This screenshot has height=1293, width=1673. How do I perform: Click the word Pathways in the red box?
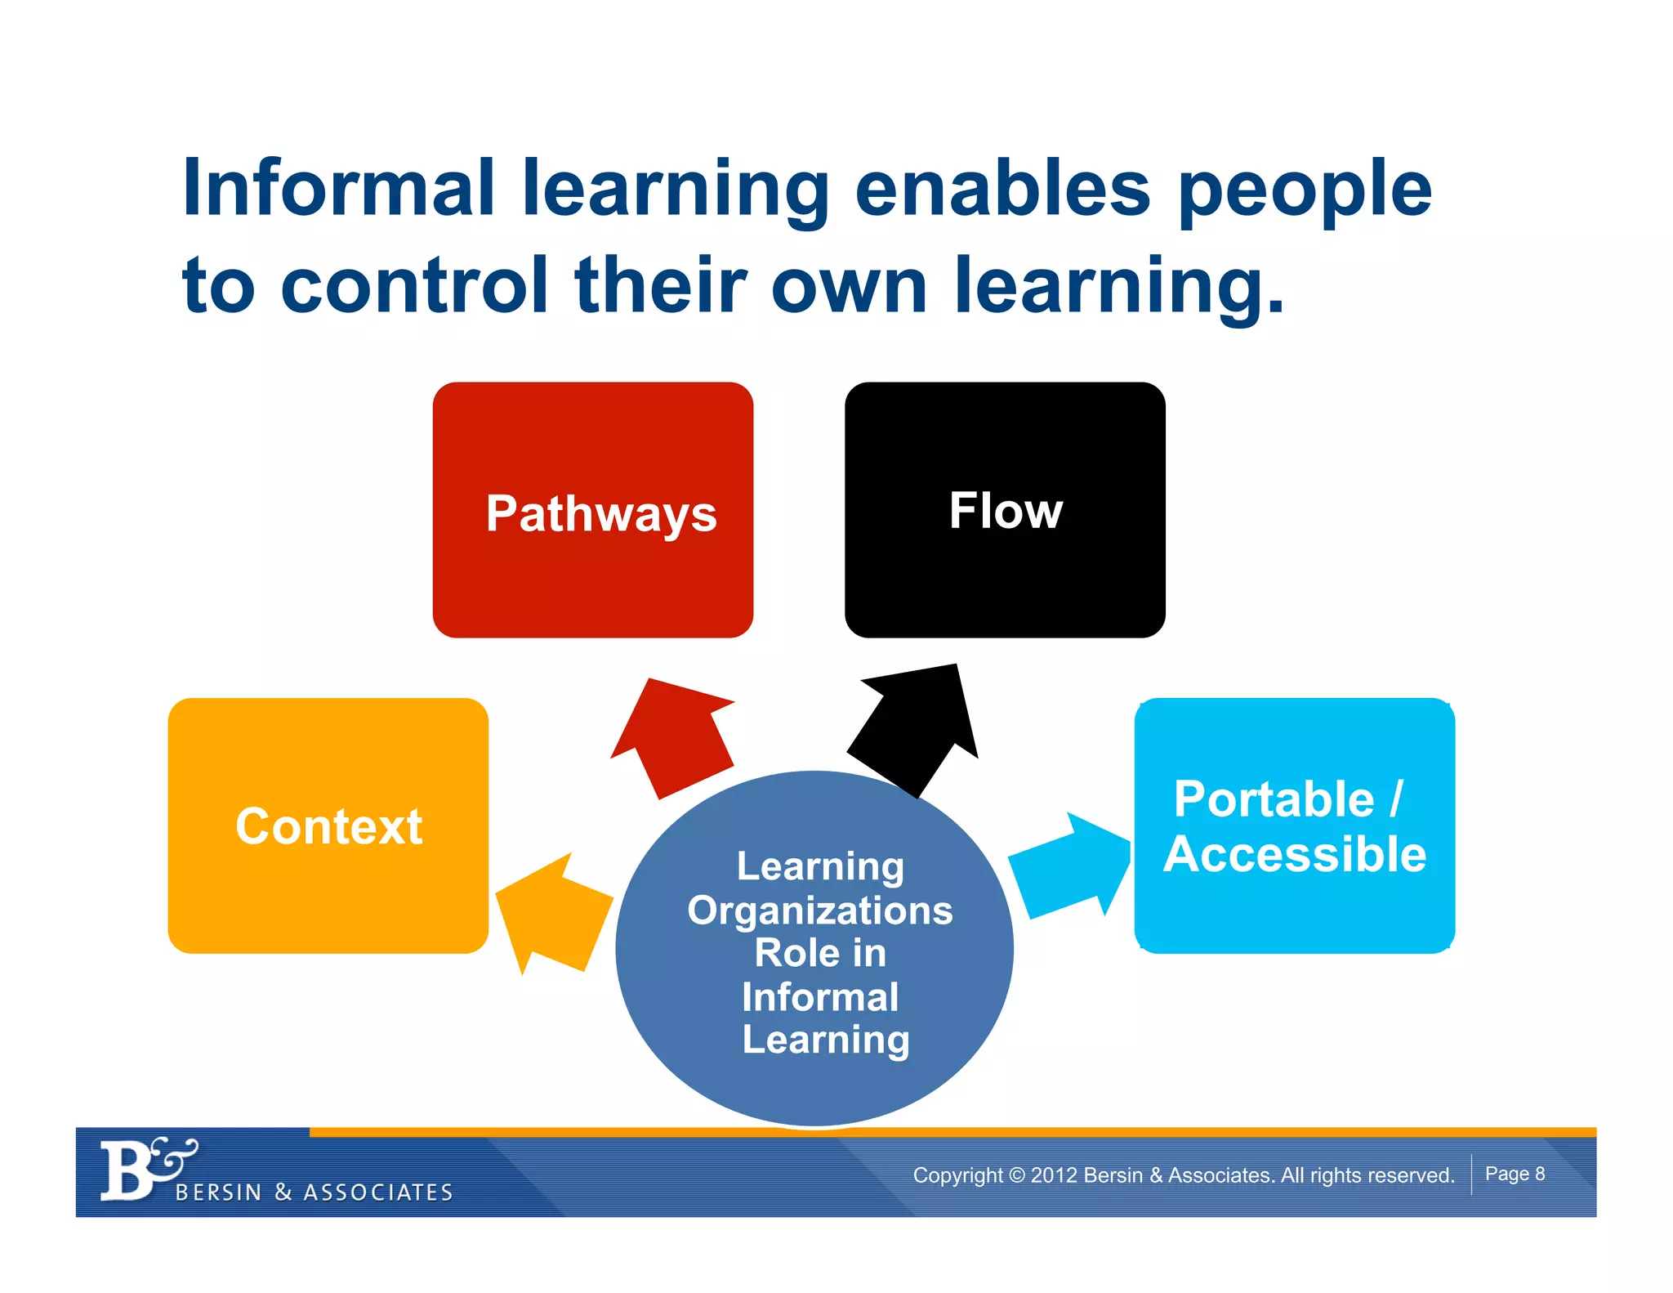tap(600, 514)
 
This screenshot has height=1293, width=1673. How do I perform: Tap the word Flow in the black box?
tap(1006, 511)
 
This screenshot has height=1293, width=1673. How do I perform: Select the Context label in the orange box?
tap(328, 825)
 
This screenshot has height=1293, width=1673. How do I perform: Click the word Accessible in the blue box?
tap(1295, 854)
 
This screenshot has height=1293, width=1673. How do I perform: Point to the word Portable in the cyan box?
tap(1274, 799)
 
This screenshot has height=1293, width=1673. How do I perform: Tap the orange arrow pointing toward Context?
tap(551, 911)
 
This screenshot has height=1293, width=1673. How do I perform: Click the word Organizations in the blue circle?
tap(820, 910)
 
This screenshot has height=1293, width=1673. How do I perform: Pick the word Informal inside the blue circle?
tap(820, 997)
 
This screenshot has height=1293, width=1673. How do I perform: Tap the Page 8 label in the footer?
tap(1515, 1174)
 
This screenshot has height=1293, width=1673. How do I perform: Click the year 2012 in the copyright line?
tap(1054, 1175)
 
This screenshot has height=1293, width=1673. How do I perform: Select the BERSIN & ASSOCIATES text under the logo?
tap(315, 1192)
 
